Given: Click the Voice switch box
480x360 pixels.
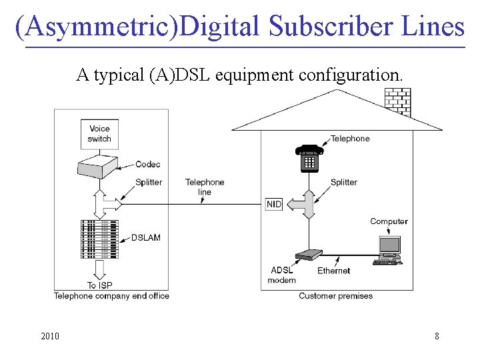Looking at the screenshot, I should coord(99,134).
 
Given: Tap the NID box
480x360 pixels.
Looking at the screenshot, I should coord(274,204).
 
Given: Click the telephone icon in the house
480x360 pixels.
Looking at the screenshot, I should coord(309,158).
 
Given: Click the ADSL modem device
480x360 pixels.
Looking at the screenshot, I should coord(309,255).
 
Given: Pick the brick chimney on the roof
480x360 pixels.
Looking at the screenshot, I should coord(398,101).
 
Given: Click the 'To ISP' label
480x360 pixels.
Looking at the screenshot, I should coord(100,285).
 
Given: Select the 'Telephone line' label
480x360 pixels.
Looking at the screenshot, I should coord(205,187).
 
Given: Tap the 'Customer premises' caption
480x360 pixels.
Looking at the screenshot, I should coord(335,296).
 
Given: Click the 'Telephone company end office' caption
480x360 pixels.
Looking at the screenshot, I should coord(111,296).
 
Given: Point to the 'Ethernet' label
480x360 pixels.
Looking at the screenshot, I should coord(334,271).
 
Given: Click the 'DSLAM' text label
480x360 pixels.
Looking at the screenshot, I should coord(145,238).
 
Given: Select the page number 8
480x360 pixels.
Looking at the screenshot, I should coord(437,336).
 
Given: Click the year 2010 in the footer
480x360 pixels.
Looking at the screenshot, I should coord(50,336).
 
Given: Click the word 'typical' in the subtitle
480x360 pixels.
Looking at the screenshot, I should coord(117,75).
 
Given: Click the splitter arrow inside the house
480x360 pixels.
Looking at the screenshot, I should coord(309,204).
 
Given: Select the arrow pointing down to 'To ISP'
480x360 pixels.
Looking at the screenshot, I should coord(100,269).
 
